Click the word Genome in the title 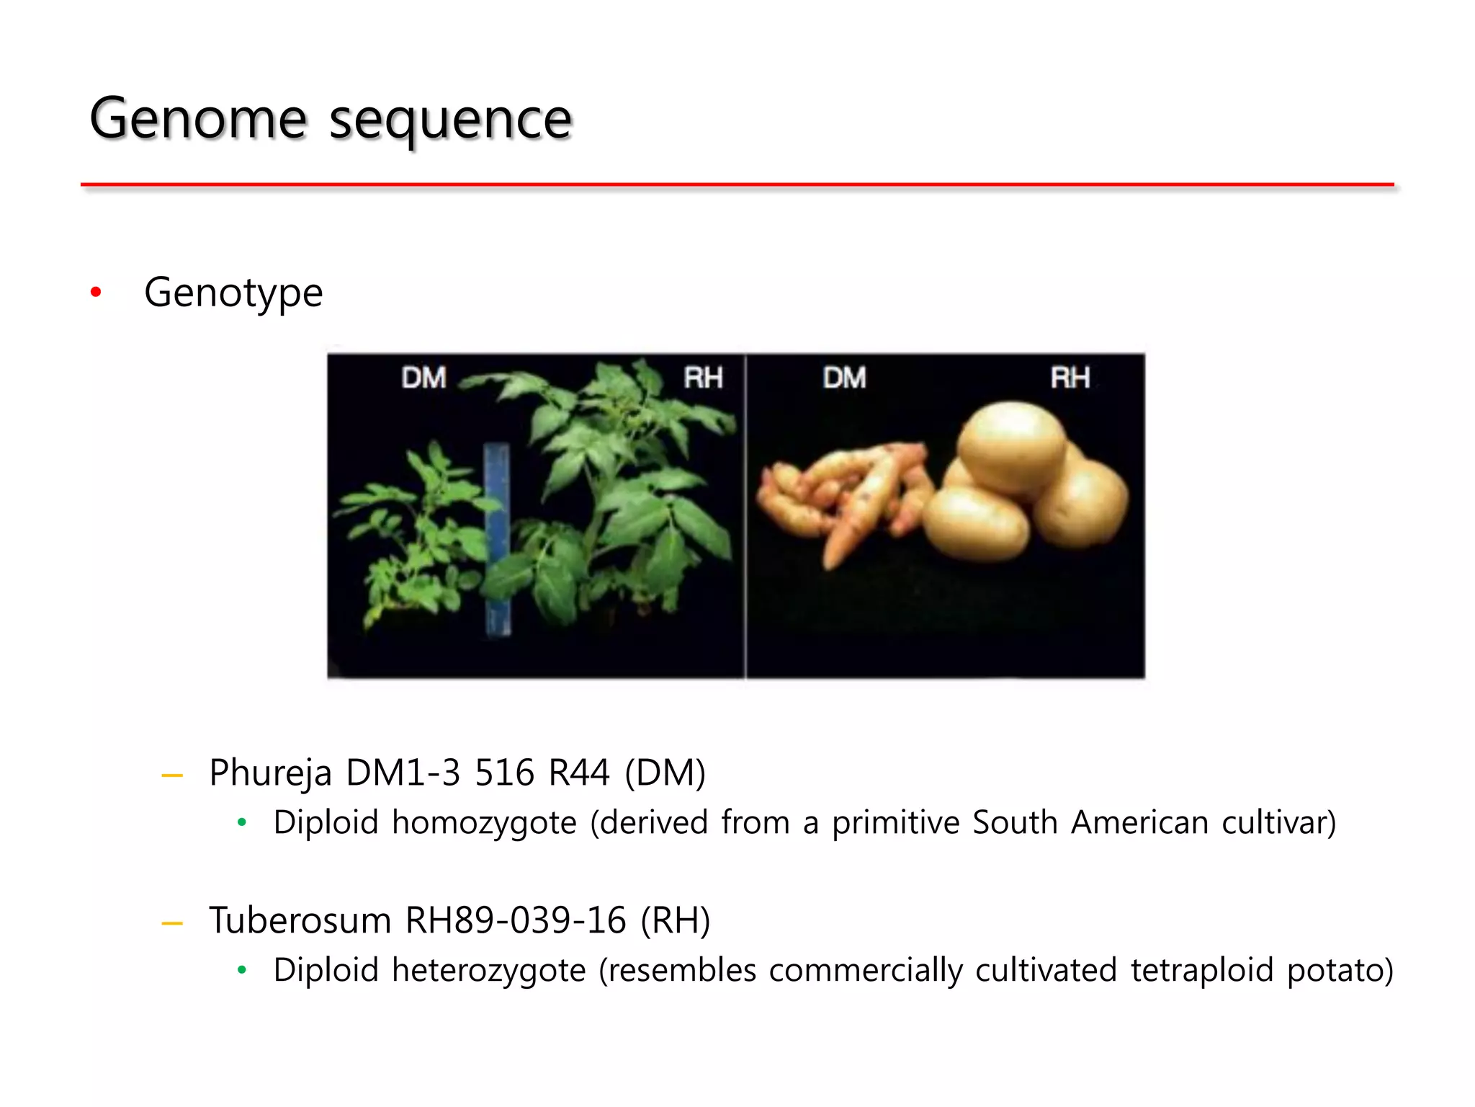tap(198, 118)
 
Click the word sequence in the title tap(451, 120)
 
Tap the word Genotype tap(233, 293)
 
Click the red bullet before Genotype tap(96, 293)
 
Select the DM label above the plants tap(423, 378)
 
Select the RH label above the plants tap(703, 378)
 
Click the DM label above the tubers tap(844, 378)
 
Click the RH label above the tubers tap(1070, 378)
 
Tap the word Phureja tap(270, 773)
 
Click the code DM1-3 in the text tap(403, 773)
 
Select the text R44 tap(579, 773)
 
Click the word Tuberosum tap(300, 921)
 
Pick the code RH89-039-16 tap(516, 921)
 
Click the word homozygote tap(484, 823)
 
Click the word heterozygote tap(488, 971)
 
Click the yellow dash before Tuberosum tap(172, 923)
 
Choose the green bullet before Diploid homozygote tap(242, 822)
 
